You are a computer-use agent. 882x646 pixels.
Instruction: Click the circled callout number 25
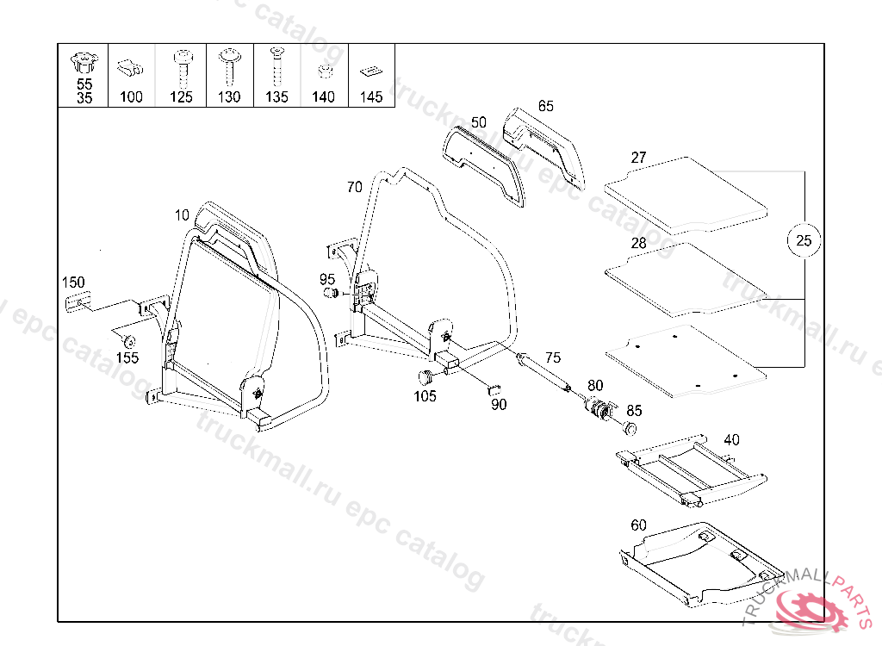click(804, 240)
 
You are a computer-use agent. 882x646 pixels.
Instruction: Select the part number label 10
click(181, 214)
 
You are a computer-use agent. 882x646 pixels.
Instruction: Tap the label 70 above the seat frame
click(354, 186)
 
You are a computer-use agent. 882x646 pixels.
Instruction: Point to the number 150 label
click(72, 283)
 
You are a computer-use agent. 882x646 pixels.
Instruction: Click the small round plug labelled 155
click(124, 337)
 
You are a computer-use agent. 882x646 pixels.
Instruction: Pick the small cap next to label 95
click(330, 295)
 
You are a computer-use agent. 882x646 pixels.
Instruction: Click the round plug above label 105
click(424, 376)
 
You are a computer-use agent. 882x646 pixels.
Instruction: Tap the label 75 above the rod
click(552, 357)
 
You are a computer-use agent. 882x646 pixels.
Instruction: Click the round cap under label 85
click(630, 428)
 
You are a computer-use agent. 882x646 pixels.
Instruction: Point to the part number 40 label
click(730, 439)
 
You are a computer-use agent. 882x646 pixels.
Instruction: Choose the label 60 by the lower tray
click(638, 525)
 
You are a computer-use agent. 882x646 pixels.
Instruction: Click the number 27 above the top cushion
click(638, 158)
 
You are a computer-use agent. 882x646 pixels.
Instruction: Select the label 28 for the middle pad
click(638, 243)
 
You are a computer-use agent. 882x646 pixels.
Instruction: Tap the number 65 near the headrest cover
click(545, 106)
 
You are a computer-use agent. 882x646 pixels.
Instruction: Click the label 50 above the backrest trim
click(479, 121)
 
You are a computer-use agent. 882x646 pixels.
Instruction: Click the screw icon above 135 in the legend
click(276, 64)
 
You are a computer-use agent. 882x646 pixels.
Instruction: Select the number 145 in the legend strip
click(371, 97)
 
